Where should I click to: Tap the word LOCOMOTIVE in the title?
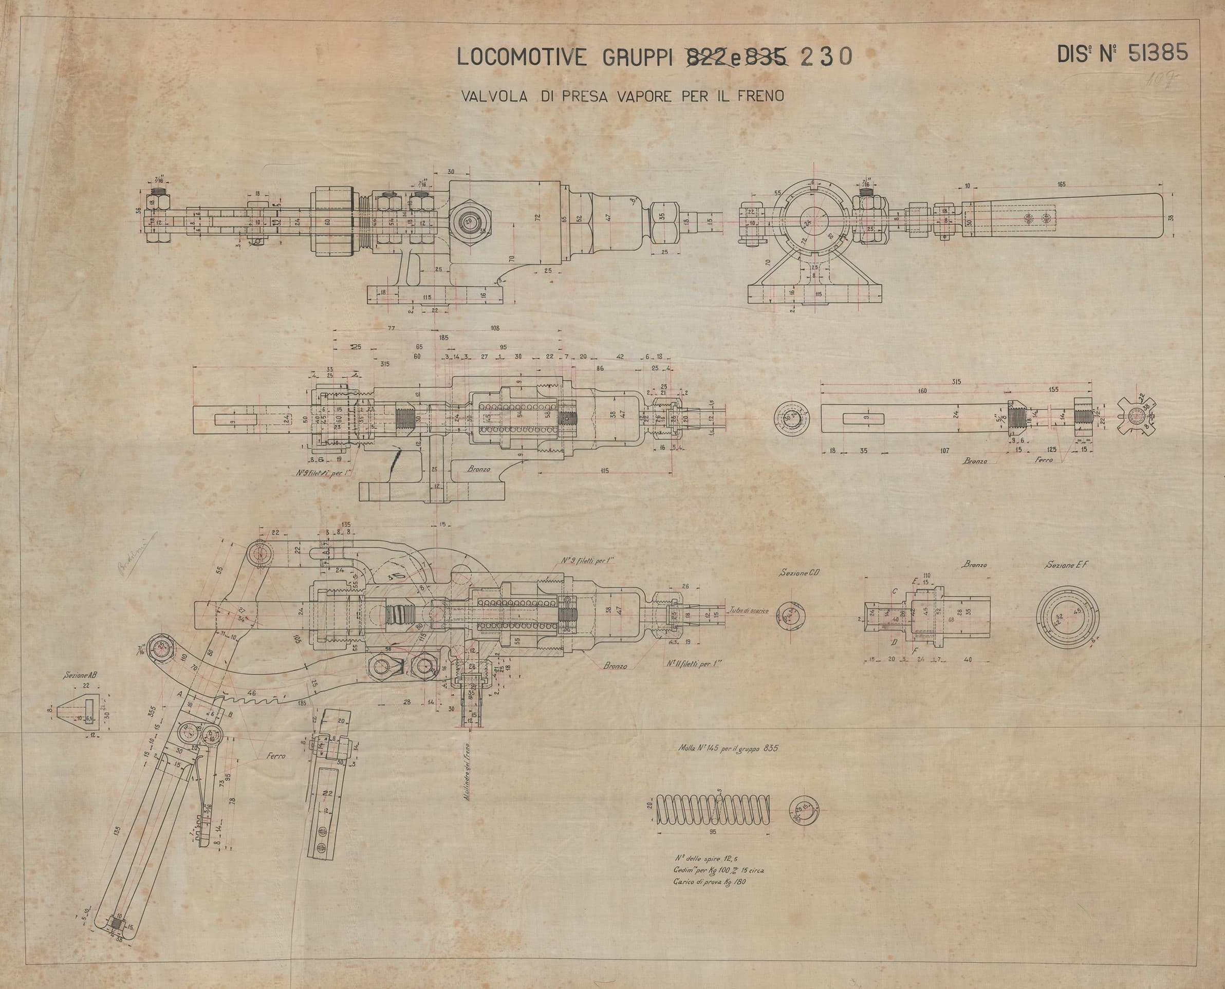click(522, 58)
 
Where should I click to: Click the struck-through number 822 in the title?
click(706, 58)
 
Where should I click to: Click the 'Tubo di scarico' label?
click(749, 610)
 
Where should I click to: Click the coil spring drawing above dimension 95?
click(714, 809)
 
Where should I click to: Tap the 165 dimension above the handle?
click(1061, 184)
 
